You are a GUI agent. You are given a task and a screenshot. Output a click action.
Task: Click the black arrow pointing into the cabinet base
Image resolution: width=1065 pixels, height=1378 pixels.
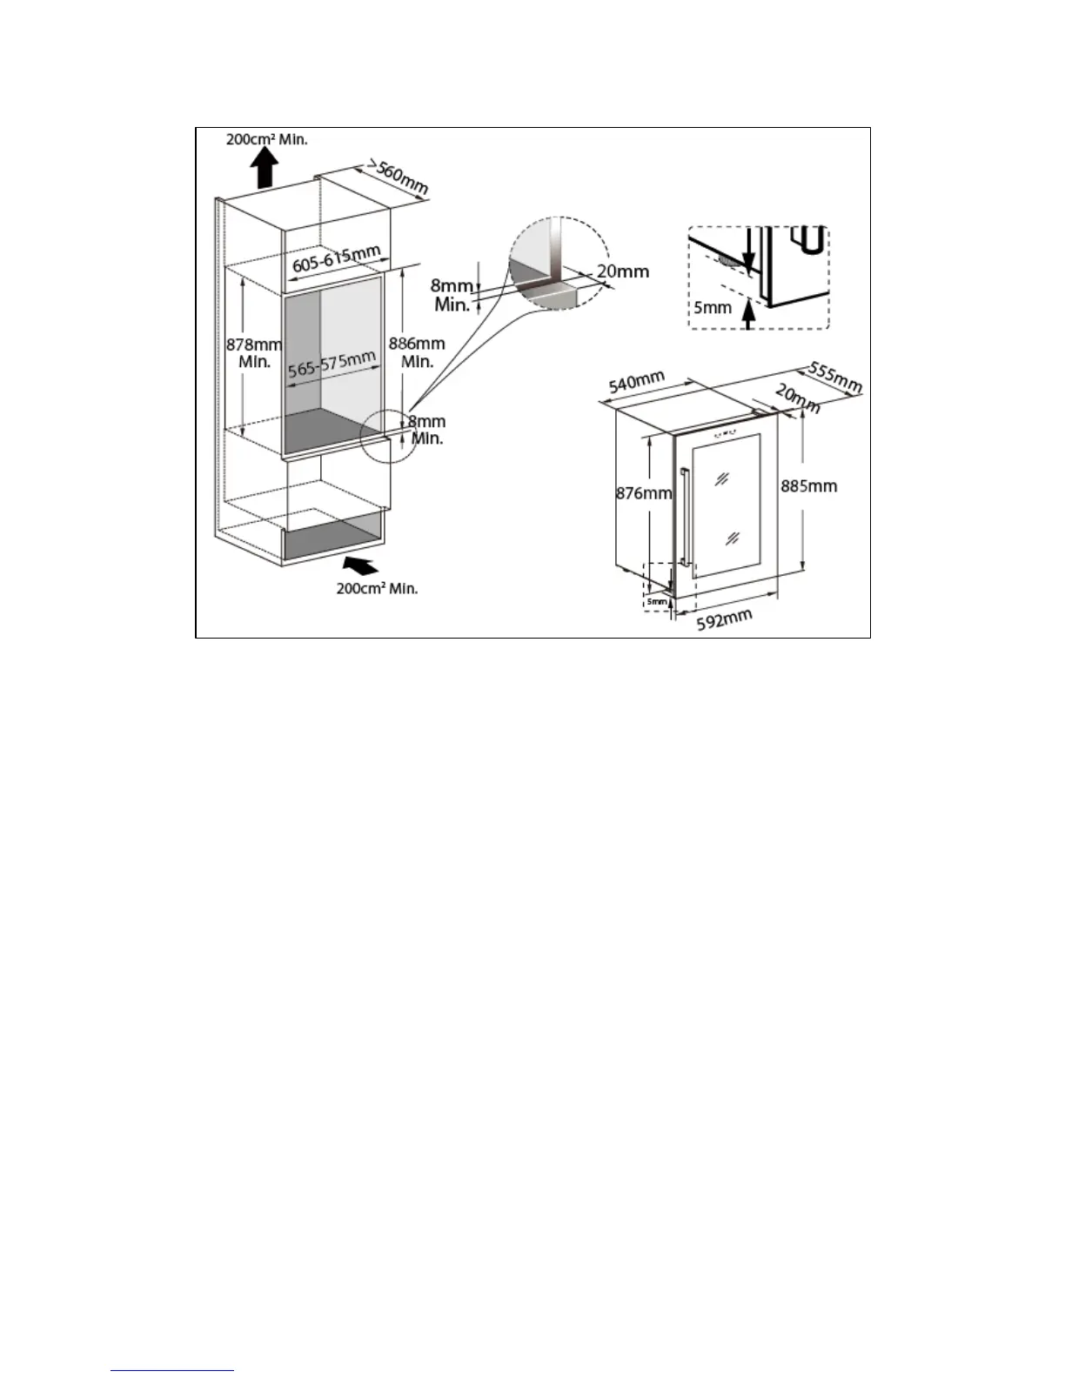point(362,567)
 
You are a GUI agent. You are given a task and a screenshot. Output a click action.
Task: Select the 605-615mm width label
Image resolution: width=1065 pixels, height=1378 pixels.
point(336,258)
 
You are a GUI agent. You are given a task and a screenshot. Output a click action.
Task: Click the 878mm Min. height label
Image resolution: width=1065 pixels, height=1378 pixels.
point(254,351)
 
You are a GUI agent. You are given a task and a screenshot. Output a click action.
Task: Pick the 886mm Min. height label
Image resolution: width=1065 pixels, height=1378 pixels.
point(418,351)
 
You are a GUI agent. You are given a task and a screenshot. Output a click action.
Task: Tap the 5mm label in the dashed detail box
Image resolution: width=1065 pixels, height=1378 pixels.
point(712,307)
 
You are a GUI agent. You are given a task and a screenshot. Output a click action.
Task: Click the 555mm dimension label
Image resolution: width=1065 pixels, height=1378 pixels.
point(835,375)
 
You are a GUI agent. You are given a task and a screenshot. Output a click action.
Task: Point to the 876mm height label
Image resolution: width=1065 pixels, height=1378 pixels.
point(644,493)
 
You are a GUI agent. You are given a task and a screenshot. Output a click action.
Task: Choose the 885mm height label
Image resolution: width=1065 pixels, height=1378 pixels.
point(809,485)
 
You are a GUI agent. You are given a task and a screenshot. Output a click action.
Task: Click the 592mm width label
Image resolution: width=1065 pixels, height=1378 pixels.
point(725,617)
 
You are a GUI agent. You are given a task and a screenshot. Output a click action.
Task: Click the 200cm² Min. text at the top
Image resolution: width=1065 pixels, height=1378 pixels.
point(267,138)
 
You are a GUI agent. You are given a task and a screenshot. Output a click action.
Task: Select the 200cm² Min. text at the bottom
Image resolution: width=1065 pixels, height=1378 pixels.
point(377,589)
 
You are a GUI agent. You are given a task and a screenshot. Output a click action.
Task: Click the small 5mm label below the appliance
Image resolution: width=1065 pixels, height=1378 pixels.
point(656,601)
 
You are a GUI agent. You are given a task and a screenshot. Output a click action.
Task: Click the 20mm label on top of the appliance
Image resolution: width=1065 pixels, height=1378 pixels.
point(797,399)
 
